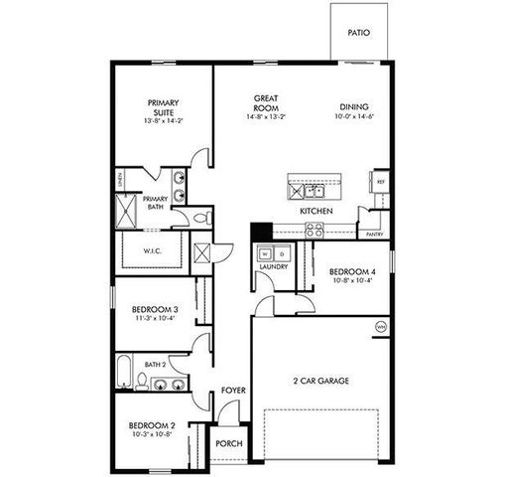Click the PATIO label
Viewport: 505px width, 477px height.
358,33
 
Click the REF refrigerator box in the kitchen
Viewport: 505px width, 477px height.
379,183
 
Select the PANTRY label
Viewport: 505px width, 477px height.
374,235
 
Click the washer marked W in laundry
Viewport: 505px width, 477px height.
265,253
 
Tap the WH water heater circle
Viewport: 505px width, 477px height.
378,326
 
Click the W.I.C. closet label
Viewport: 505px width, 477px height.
152,249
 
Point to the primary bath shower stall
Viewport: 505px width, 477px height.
127,212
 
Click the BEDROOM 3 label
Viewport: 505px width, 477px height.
155,310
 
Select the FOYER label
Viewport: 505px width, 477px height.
232,391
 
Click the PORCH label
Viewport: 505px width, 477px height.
228,443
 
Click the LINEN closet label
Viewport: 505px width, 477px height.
119,181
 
